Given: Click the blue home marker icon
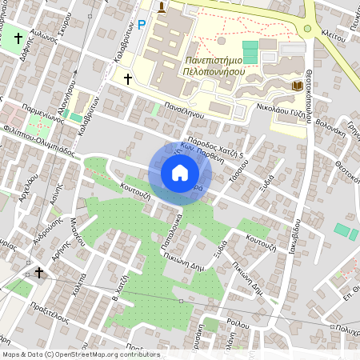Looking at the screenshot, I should (x=180, y=173).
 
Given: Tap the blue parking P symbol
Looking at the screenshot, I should (x=142, y=25).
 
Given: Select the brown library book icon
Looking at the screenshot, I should (x=297, y=85).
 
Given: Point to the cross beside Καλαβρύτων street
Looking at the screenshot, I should (x=127, y=78).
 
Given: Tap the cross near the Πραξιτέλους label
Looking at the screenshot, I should (x=38, y=273).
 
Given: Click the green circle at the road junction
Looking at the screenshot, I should (x=306, y=30).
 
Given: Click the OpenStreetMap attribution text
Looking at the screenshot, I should (x=80, y=354).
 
